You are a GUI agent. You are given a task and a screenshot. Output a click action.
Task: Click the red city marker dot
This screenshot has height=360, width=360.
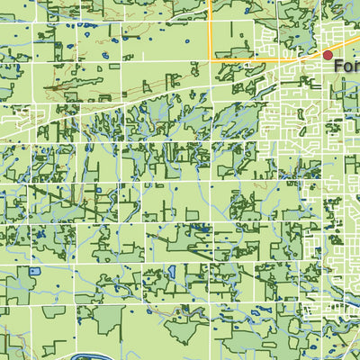coord(328,56)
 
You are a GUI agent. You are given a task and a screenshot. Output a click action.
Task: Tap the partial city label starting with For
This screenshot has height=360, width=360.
coord(346,66)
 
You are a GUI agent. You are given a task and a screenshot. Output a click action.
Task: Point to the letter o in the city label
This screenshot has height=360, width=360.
coord(348,67)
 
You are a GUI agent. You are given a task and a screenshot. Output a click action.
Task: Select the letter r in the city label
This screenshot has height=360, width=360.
coord(356,67)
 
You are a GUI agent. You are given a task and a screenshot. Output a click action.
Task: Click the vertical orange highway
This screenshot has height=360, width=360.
coord(211,27)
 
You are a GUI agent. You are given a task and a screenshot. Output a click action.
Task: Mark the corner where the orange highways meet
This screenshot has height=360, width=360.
coord(211,59)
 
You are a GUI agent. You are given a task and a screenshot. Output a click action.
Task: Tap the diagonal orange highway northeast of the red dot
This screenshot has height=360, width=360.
coord(346,44)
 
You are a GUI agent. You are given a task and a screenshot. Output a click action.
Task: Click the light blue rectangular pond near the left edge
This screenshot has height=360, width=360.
coord(35,271)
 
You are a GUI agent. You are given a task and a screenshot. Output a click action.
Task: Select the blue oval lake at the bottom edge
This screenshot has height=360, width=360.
coord(86,355)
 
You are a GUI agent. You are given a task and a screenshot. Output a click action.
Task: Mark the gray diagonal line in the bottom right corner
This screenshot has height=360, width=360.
coord(346,346)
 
